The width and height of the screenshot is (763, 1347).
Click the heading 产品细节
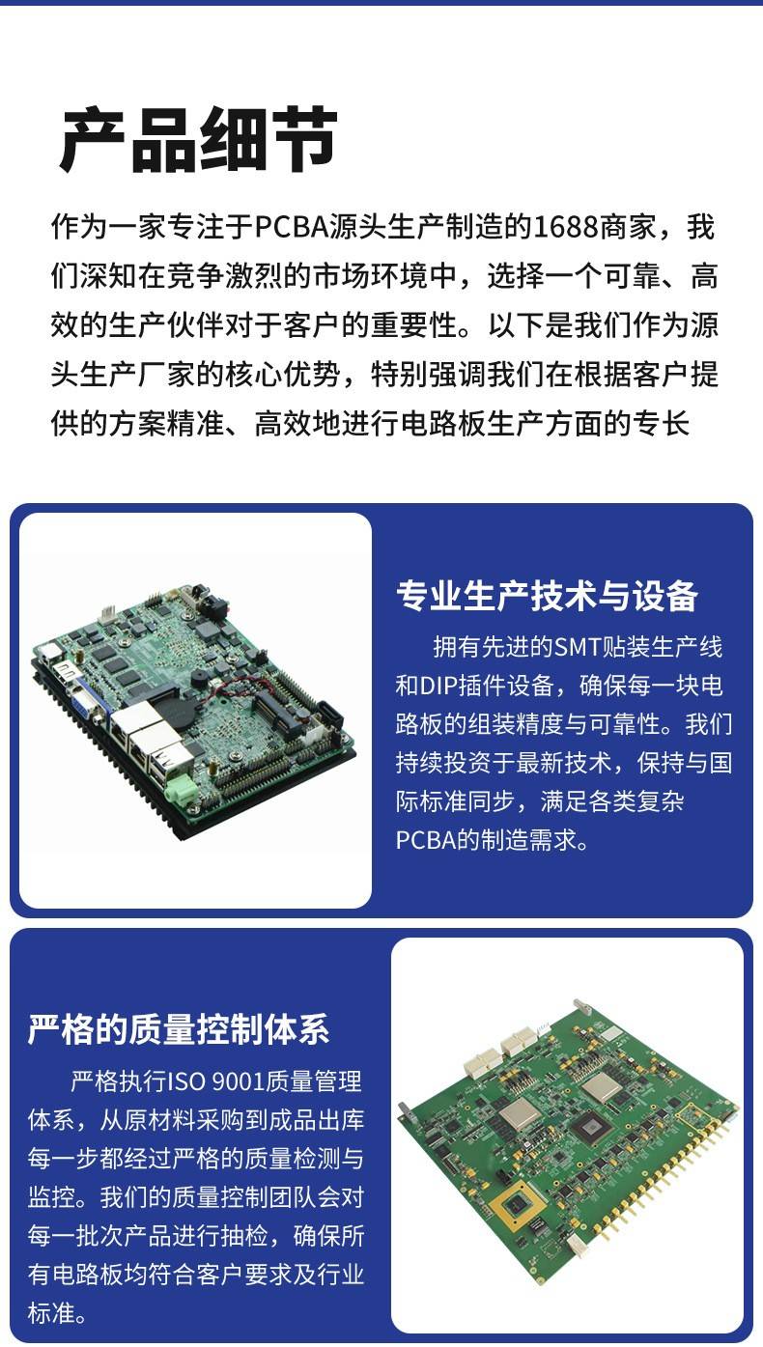[x=198, y=140]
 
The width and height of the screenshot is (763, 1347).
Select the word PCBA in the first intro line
[x=293, y=227]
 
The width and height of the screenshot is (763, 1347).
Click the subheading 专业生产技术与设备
[x=547, y=596]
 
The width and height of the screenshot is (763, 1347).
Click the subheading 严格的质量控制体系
[x=179, y=1029]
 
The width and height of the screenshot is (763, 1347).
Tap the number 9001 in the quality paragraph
[x=240, y=1081]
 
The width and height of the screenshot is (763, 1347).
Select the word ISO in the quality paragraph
[x=186, y=1081]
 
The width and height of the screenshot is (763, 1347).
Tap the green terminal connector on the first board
[x=182, y=789]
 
